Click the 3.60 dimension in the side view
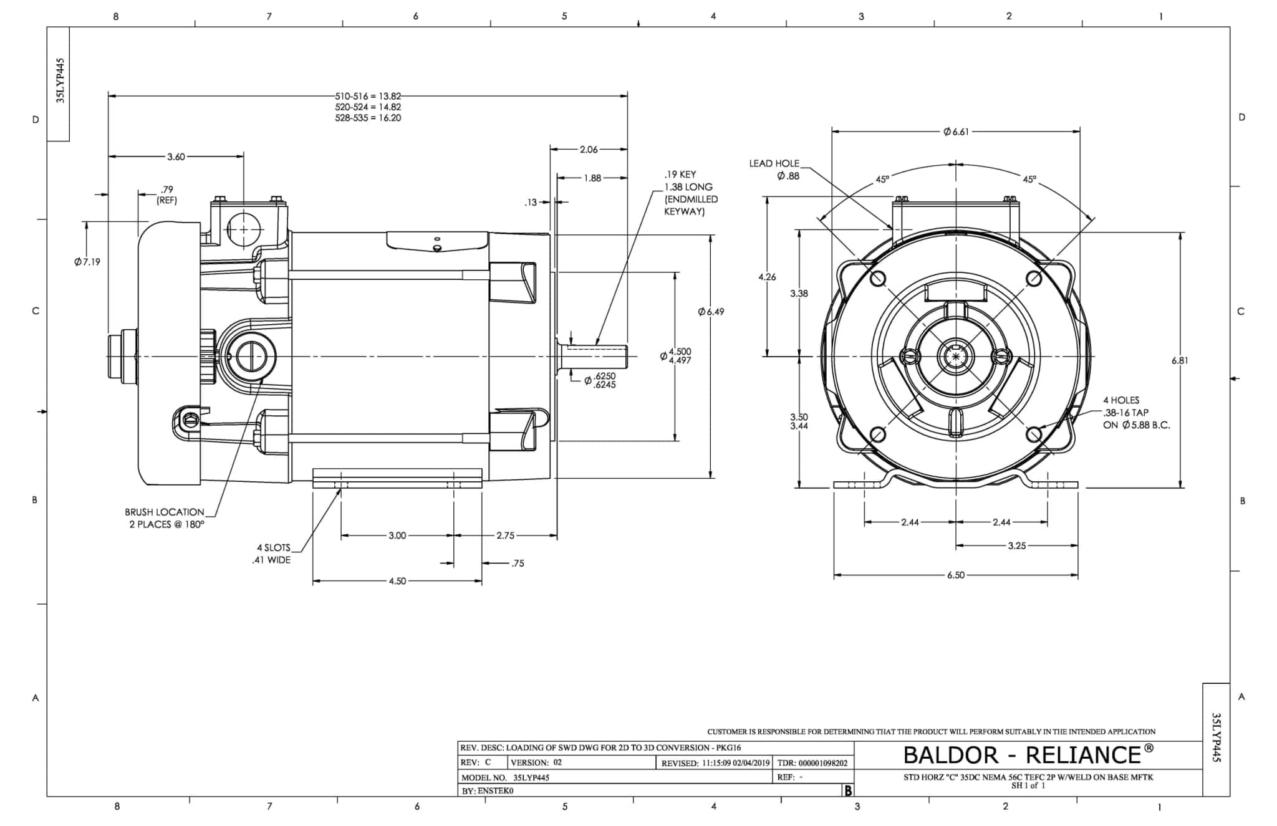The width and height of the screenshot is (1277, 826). click(x=176, y=156)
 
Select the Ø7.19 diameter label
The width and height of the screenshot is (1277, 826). click(x=87, y=262)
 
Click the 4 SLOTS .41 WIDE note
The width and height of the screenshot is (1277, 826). click(x=272, y=554)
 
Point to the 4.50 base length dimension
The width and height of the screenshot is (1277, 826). click(x=397, y=581)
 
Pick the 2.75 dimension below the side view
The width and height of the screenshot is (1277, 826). click(x=506, y=535)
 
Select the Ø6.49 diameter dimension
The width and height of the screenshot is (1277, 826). click(x=711, y=312)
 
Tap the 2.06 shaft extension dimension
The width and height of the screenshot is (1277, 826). click(x=589, y=150)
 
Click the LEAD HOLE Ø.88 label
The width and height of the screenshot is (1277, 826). click(x=774, y=170)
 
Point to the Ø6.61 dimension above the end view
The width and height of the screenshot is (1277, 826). click(x=956, y=132)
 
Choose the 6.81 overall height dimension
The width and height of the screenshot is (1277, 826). click(x=1180, y=360)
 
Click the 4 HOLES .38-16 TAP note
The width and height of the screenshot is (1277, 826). click(x=1136, y=413)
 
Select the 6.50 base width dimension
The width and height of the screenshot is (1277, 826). click(x=956, y=575)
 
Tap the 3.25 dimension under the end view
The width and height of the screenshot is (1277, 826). click(x=1017, y=546)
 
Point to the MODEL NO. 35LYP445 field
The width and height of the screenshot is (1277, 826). click(x=505, y=777)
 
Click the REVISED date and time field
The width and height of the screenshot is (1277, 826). click(x=716, y=762)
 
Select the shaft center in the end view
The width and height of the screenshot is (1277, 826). click(x=956, y=357)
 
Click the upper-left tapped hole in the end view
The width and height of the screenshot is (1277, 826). click(x=878, y=278)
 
